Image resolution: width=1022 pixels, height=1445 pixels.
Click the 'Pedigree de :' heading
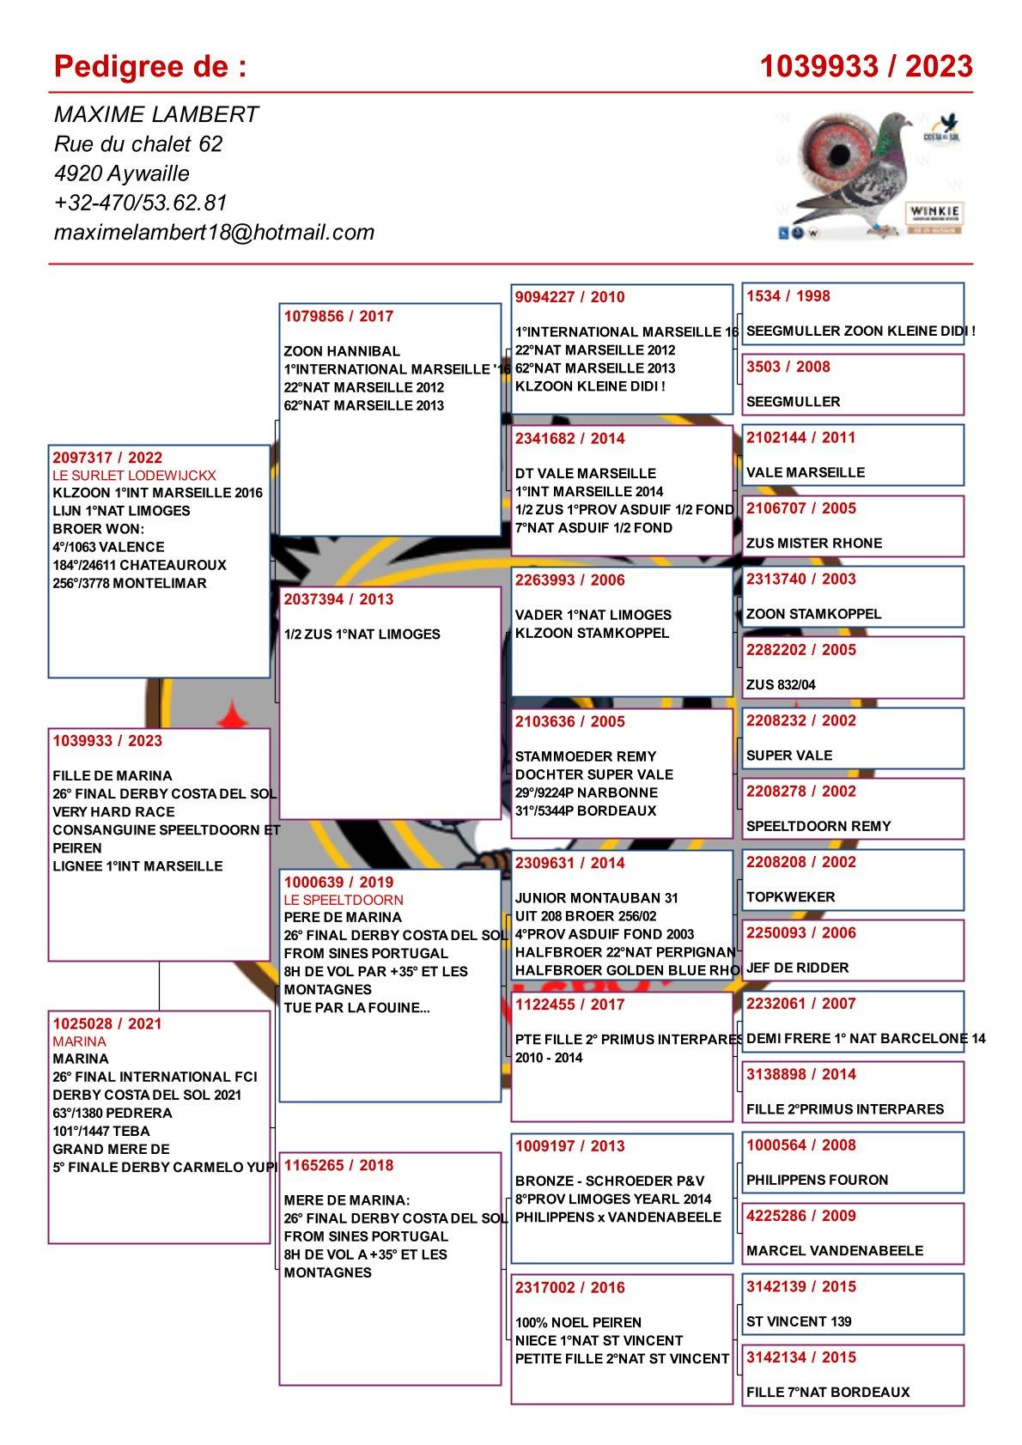150,66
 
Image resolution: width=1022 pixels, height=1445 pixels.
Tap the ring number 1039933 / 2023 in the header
866,66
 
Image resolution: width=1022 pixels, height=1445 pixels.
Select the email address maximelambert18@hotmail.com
214,232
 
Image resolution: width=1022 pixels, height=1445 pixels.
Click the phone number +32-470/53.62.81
140,203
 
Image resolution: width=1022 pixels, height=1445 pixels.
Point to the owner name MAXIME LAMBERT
156,114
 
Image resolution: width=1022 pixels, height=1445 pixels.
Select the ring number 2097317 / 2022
107,458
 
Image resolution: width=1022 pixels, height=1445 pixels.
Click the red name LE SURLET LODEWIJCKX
134,475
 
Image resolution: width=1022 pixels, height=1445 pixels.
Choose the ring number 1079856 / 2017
338,316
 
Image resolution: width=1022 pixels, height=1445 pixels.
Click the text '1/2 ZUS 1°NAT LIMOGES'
362,634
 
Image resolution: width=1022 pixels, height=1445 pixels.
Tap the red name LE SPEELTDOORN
343,899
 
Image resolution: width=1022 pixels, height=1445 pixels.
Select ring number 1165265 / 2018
338,1165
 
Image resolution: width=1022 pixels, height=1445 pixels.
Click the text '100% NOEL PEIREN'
578,1322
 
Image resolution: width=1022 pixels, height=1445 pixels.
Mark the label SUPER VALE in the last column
789,756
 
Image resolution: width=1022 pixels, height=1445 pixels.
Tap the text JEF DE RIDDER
797,968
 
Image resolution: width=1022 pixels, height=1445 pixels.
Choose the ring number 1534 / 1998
788,296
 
